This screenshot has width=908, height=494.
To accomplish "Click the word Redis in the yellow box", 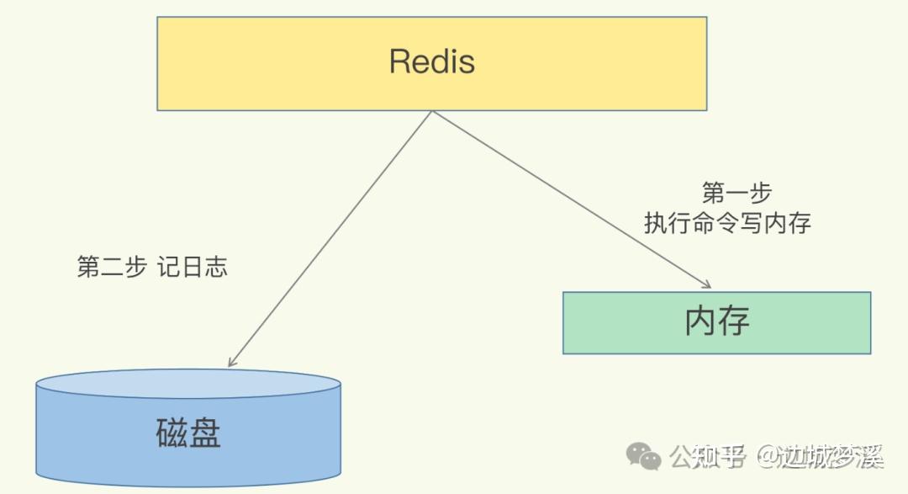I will click(x=431, y=61).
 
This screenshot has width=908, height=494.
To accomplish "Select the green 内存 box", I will click(x=716, y=322).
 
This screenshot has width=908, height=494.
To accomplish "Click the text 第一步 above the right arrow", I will click(x=736, y=194).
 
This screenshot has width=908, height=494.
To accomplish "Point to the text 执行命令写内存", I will click(x=728, y=223).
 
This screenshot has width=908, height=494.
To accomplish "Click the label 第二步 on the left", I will click(x=111, y=268).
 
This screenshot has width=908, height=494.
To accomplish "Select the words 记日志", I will click(x=193, y=268).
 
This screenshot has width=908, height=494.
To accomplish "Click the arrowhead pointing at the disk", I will click(x=231, y=362).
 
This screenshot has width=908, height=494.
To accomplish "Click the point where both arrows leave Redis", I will click(x=431, y=111).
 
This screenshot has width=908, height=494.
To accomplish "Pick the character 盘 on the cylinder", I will click(x=205, y=433).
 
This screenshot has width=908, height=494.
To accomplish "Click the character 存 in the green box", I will click(x=734, y=321).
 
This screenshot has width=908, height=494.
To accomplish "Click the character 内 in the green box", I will click(x=700, y=321).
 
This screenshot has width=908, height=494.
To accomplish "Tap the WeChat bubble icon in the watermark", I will click(x=643, y=457).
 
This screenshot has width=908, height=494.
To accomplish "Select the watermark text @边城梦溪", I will click(x=820, y=457).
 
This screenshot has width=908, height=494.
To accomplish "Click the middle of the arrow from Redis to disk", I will click(x=330, y=239).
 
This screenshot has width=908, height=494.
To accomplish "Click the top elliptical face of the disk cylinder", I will click(x=188, y=384).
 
